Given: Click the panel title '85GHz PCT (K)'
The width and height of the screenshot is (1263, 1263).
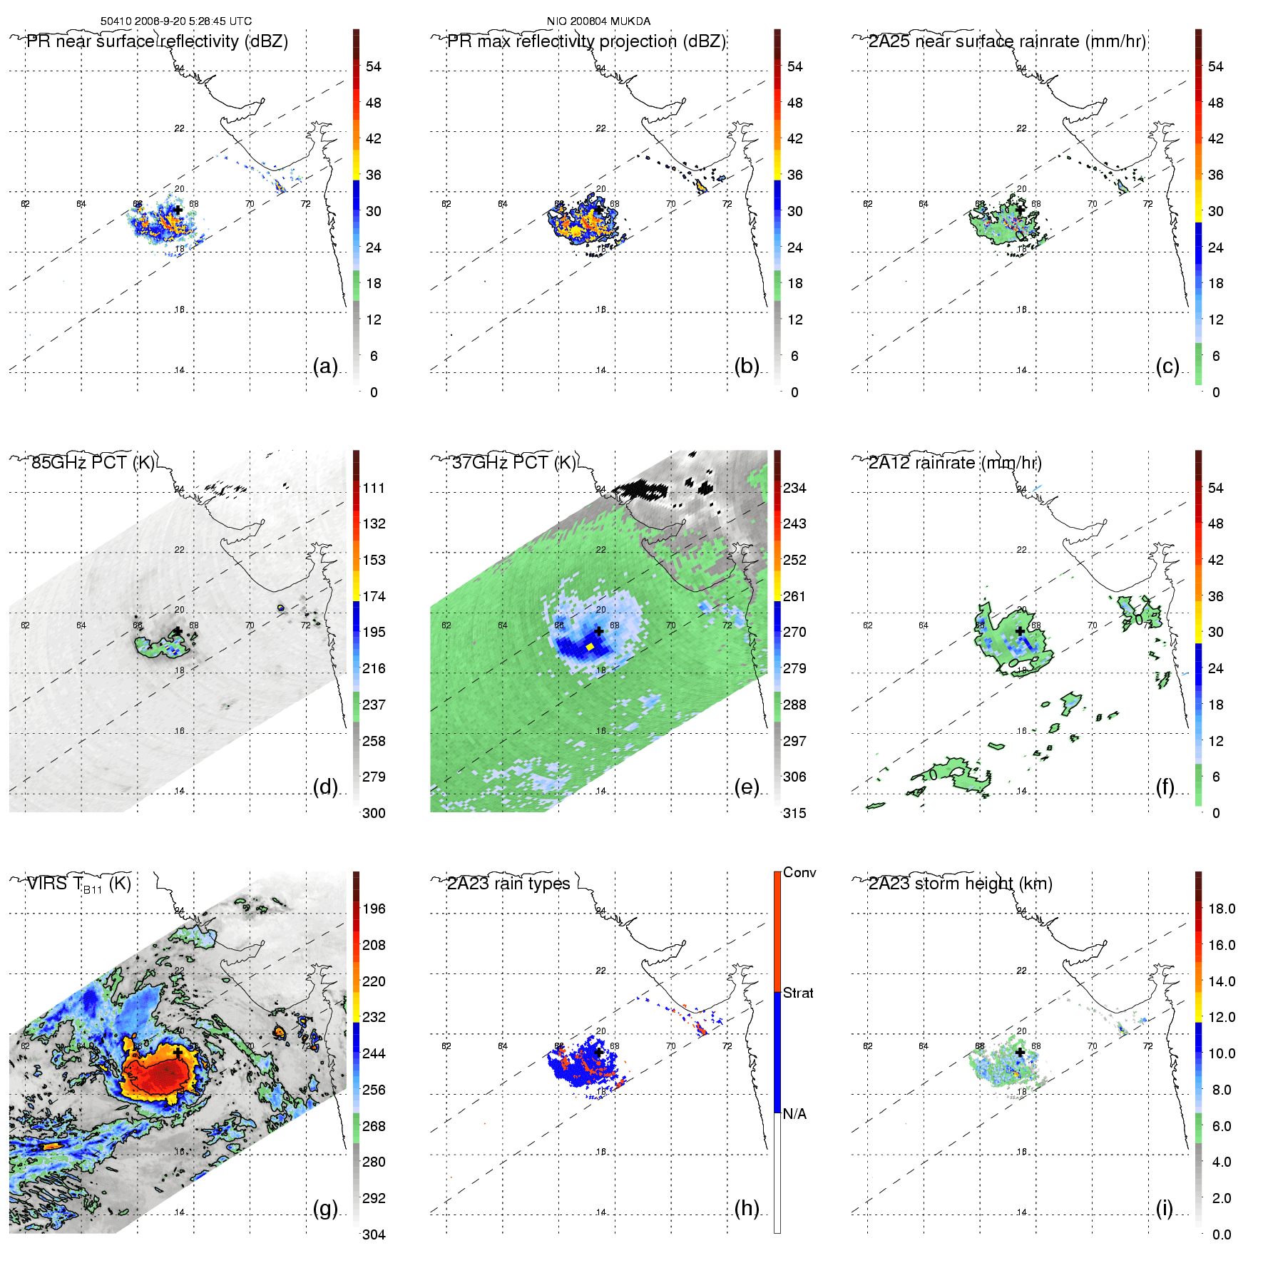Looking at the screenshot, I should coord(93,462).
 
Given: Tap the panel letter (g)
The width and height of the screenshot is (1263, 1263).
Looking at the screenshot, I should coord(325,1208).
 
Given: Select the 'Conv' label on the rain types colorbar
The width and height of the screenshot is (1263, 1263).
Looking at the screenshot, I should coord(799,872).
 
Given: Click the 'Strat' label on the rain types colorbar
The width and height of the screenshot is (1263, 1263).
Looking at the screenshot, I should coord(798,993).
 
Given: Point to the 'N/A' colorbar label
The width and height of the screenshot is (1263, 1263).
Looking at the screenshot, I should coord(794,1114).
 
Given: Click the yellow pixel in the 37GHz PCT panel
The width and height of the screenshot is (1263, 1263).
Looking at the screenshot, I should coord(590,646).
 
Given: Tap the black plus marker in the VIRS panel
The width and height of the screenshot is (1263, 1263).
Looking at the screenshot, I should coord(178,1053).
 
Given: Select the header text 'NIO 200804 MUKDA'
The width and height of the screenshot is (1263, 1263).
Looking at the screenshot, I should coord(598,21).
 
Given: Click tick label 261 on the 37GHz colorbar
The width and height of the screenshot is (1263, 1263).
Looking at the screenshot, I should coord(794,596).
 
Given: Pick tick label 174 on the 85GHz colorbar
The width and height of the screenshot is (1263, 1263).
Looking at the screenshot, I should coord(374,596).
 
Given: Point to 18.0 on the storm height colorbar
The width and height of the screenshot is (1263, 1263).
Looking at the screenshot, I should coord(1222,909).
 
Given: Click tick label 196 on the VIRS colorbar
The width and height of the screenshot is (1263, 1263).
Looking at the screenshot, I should coord(374,909).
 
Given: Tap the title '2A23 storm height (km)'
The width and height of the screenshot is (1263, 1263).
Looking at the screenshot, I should coord(960,884).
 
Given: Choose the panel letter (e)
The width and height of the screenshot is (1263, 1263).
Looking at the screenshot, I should coord(746,787).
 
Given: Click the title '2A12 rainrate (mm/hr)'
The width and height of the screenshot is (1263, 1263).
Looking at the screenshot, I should coord(955,462).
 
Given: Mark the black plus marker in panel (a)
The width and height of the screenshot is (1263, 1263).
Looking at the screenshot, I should coord(178,210).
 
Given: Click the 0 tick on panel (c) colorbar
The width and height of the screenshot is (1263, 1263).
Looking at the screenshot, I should coord(1216,392).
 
